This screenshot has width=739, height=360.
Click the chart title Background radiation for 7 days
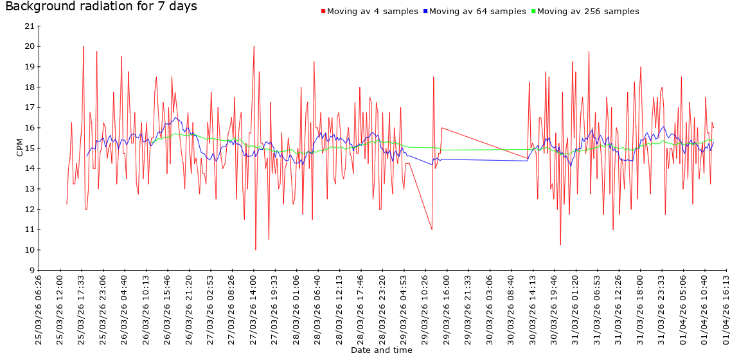pos(101,7)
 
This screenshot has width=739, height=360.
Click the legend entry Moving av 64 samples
pos(476,12)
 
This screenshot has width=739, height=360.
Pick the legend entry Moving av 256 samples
pos(587,12)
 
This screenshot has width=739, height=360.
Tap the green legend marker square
pos(533,12)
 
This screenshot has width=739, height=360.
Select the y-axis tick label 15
pos(29,148)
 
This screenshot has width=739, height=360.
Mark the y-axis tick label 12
pos(29,209)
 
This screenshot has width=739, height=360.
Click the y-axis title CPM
pos(19,148)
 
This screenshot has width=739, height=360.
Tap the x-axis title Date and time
pos(381,350)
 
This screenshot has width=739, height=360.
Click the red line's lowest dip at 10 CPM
pos(256,249)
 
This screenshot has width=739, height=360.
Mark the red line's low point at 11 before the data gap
pos(432,230)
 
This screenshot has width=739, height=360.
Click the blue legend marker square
pos(425,12)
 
